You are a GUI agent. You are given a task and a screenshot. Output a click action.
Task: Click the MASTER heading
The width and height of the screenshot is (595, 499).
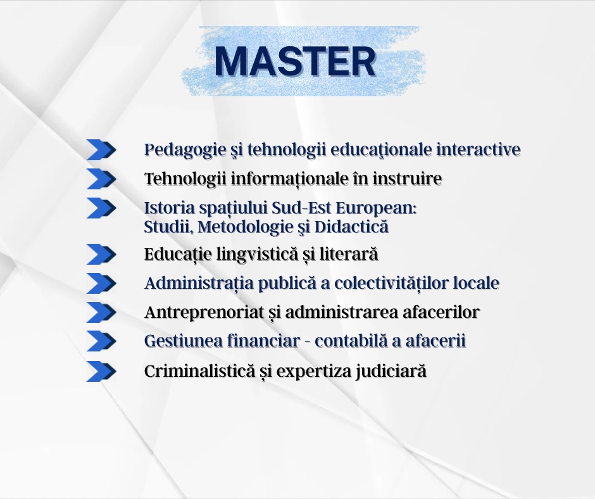[x=295, y=61]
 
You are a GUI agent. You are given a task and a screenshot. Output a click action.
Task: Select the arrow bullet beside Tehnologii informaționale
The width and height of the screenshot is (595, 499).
[x=101, y=179]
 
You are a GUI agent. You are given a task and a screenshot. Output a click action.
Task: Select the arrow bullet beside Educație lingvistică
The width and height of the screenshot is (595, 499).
[x=101, y=254]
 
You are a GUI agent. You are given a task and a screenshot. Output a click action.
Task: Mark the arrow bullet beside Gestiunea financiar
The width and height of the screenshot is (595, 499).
[x=101, y=341]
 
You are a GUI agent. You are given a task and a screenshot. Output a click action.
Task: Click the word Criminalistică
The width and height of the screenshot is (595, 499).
[x=199, y=371]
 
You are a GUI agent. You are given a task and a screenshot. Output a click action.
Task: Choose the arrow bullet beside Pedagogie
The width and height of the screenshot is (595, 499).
[x=101, y=149]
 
